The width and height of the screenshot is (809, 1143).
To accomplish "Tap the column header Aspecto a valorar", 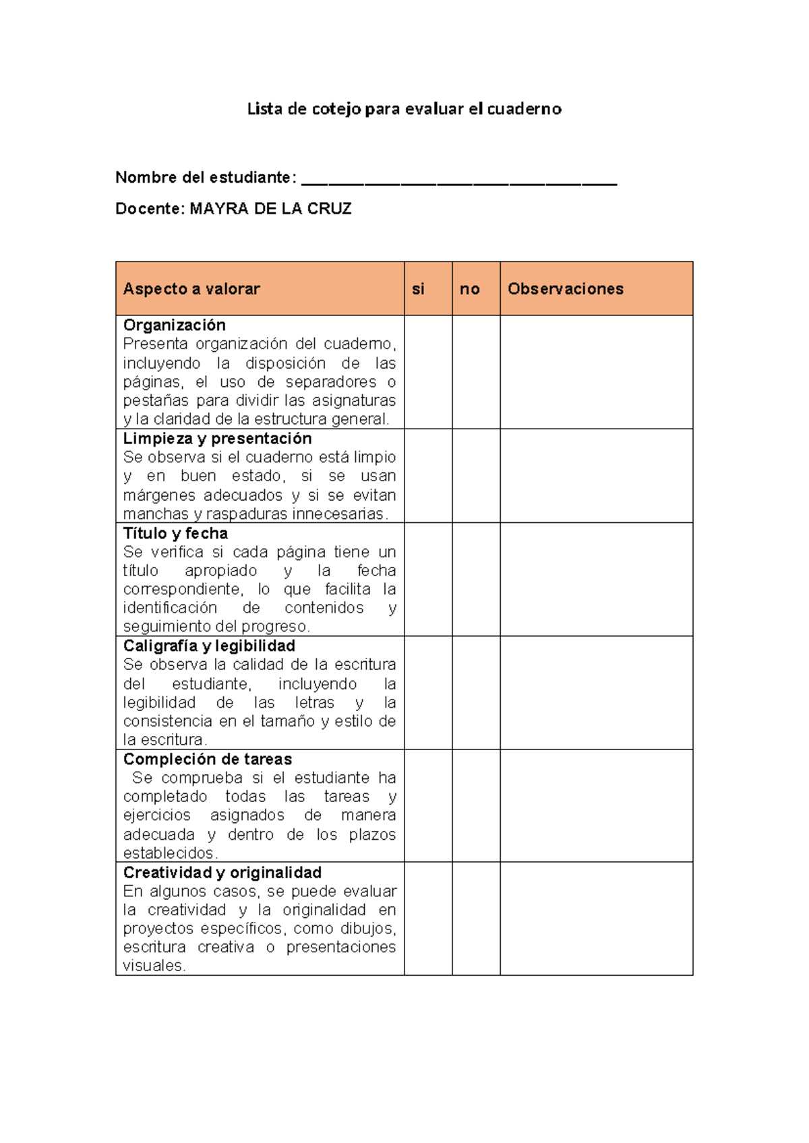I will click(x=191, y=289).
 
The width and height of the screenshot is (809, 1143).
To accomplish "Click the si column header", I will click(x=418, y=289).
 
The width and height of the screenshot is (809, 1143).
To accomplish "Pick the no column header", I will click(x=469, y=289).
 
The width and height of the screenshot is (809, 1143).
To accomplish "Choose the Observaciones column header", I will click(x=565, y=289).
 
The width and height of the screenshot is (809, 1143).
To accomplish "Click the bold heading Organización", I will click(x=174, y=325).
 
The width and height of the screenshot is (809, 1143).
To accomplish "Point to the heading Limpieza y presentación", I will click(x=217, y=439).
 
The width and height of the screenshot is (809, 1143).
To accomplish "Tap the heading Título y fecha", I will click(x=175, y=533).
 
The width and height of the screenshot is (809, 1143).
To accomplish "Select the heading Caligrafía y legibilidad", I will click(x=209, y=646).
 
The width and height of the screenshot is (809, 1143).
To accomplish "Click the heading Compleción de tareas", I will click(x=207, y=759).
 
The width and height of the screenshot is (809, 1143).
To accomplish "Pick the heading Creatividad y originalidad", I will click(x=222, y=873).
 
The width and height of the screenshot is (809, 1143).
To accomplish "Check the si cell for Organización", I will click(x=428, y=372).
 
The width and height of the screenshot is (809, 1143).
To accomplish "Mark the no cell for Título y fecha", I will click(x=476, y=579).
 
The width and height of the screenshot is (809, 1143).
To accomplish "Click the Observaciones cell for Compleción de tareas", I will click(x=596, y=805).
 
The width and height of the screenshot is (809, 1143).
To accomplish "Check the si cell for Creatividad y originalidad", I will click(x=428, y=918).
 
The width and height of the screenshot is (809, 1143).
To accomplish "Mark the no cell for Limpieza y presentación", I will click(x=476, y=476).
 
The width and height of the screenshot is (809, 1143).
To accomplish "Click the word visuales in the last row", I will click(x=154, y=966).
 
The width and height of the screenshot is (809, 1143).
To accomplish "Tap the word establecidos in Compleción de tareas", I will click(x=169, y=853).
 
